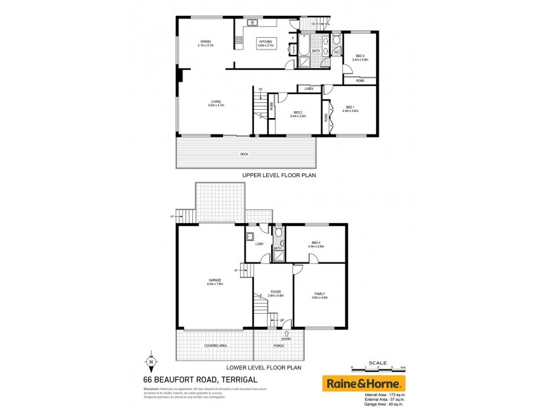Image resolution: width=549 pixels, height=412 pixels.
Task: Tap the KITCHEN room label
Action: (x=266, y=42)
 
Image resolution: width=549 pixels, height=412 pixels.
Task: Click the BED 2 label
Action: (x=299, y=114)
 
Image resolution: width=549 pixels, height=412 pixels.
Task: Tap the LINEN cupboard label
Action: (x=309, y=89)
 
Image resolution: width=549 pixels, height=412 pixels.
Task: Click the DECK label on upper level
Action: (x=244, y=154)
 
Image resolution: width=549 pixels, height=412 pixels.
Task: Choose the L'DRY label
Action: (x=259, y=245)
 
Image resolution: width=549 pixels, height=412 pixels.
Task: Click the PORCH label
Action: (x=279, y=345)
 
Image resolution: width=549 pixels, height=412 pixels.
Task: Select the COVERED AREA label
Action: (x=215, y=345)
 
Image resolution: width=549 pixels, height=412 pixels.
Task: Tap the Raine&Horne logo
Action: (x=364, y=383)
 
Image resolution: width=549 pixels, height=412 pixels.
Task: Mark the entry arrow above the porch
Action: (x=286, y=334)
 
